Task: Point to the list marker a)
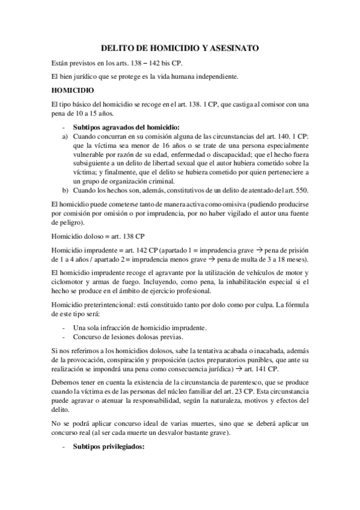(x=65, y=137)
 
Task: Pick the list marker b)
(x=65, y=191)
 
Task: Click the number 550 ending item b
(x=290, y=191)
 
